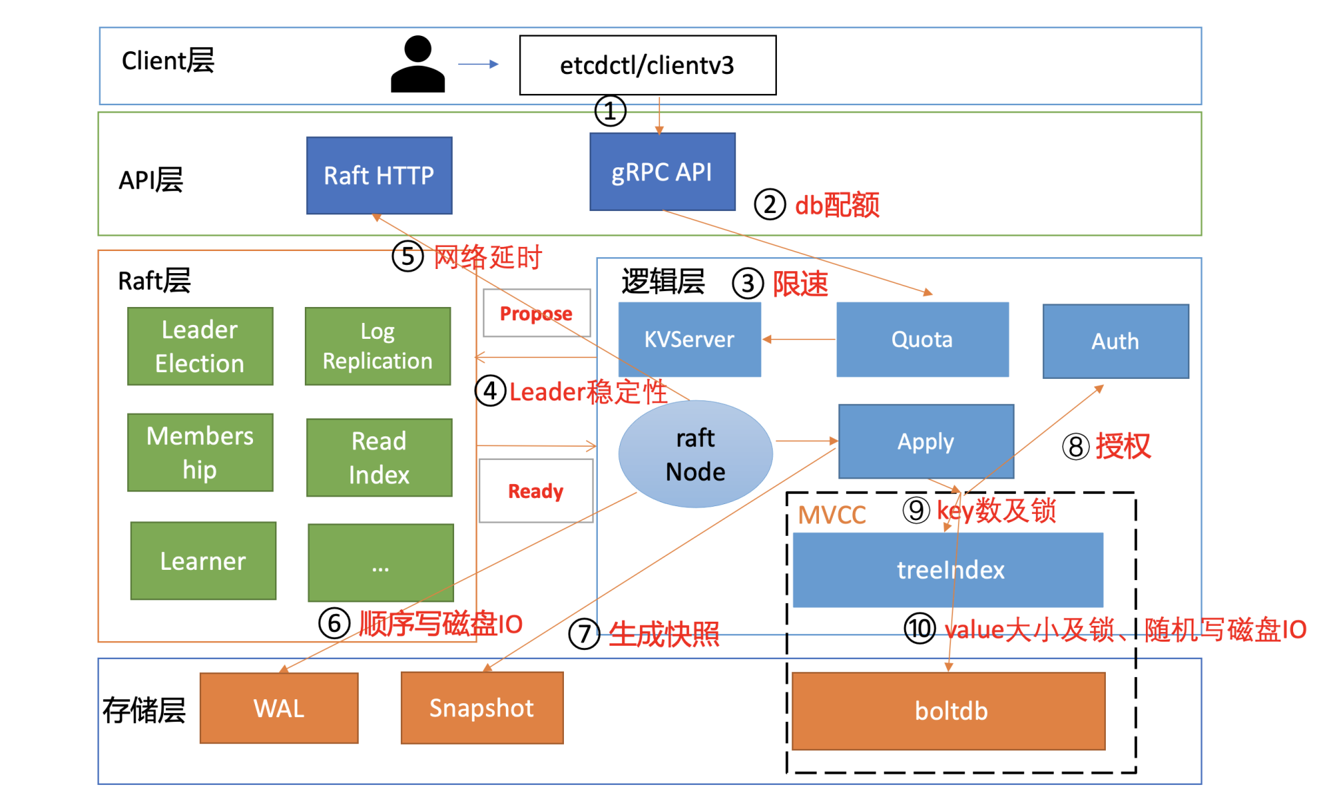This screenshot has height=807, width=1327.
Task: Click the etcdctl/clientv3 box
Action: (648, 65)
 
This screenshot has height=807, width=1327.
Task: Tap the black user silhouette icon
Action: (417, 65)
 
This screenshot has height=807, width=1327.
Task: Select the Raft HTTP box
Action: (379, 176)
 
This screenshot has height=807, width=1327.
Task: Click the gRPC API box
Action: (662, 172)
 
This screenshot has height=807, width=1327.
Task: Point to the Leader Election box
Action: (200, 346)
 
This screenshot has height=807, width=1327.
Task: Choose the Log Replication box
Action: (378, 346)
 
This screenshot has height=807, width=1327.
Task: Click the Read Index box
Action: (379, 458)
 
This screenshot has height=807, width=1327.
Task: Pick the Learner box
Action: (203, 561)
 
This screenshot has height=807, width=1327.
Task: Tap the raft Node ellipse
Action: (695, 454)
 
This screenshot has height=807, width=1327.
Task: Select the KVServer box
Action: (689, 340)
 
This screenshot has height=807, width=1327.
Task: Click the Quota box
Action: (922, 340)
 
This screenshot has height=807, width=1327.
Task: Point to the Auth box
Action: (1116, 342)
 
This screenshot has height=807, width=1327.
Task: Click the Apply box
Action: (926, 442)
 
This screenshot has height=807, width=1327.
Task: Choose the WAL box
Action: (279, 708)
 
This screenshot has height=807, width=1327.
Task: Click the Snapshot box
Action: (482, 708)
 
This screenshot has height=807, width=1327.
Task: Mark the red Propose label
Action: (536, 313)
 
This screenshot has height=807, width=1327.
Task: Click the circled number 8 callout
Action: (1075, 447)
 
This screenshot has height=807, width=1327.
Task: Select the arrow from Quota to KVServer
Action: (799, 340)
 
